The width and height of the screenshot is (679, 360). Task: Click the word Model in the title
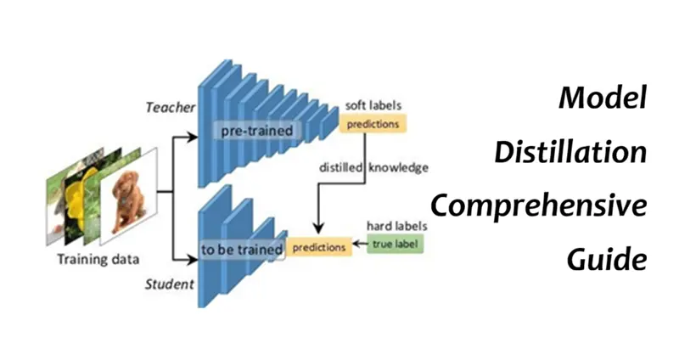603,98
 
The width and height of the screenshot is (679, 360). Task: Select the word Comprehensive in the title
538,205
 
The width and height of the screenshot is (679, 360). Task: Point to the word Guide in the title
607,258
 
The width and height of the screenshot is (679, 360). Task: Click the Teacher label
170,107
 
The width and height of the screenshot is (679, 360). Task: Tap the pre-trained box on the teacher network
256,131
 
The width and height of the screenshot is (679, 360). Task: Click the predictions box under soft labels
373,122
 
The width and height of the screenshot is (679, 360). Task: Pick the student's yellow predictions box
319,247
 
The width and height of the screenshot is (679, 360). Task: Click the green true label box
393,245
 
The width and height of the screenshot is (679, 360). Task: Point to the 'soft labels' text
373,105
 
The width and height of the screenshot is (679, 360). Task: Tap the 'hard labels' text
396,227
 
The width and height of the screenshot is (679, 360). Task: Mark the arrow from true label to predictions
358,246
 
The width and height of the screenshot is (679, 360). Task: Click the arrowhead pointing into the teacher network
194,131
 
